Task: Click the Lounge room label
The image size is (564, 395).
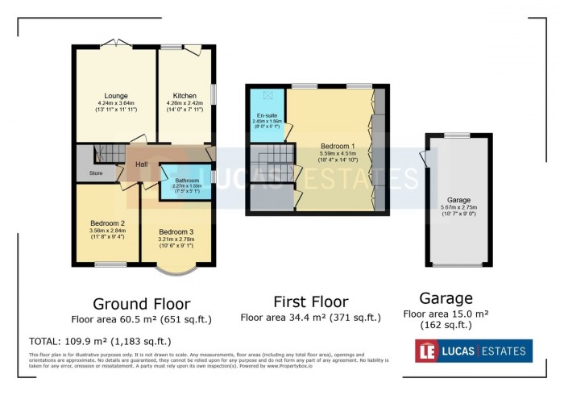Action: [x=116, y=96]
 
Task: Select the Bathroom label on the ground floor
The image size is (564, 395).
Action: [x=188, y=180]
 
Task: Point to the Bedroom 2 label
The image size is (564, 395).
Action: [x=107, y=222]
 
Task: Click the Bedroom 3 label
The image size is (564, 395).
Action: [x=176, y=231]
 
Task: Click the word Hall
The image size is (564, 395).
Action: [x=141, y=164]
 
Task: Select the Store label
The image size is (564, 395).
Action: [x=96, y=173]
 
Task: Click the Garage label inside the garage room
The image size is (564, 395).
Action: [x=458, y=199]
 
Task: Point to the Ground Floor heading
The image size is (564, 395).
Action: [x=141, y=304]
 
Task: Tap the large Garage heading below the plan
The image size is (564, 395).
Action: [x=446, y=297]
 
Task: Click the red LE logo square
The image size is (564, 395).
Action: [x=425, y=350]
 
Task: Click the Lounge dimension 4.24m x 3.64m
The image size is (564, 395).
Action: [x=116, y=103]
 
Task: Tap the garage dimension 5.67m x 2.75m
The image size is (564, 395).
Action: [x=458, y=207]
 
